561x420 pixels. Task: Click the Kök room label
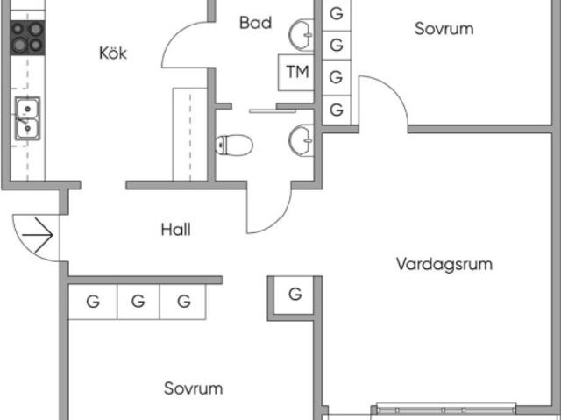click(113, 53)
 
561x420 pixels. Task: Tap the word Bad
click(255, 23)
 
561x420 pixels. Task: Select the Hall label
click(175, 230)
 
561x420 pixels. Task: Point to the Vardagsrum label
click(444, 264)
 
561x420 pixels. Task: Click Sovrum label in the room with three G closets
click(193, 388)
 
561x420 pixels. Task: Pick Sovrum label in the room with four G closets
click(444, 29)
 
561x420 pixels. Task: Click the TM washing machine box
click(296, 72)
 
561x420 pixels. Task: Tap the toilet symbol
click(234, 145)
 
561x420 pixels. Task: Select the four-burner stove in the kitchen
click(27, 38)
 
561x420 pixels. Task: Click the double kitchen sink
click(27, 118)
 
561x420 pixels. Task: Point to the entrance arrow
click(38, 235)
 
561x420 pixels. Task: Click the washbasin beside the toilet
click(302, 140)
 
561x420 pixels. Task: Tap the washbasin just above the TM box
click(302, 35)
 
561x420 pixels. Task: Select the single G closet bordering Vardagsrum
click(295, 295)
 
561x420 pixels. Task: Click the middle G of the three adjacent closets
click(138, 302)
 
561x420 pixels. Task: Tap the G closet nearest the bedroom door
click(337, 110)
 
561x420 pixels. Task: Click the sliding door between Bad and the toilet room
click(273, 111)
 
